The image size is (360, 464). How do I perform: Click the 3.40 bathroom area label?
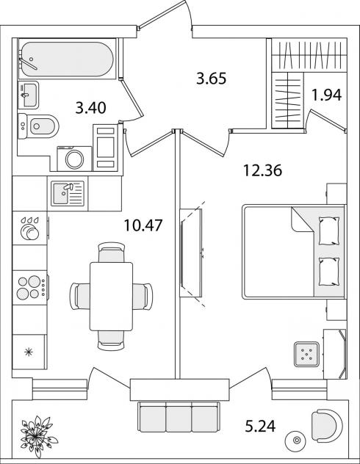click(90, 108)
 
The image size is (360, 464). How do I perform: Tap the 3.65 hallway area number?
click(212, 79)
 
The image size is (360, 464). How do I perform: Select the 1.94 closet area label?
click(327, 95)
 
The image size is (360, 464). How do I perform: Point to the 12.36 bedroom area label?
click(262, 170)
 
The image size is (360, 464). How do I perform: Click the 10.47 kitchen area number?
click(143, 225)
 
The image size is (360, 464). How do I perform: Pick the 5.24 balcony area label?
click(261, 427)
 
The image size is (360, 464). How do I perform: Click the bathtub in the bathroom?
click(67, 59)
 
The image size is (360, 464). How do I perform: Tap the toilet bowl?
click(38, 126)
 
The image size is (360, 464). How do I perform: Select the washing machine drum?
click(75, 159)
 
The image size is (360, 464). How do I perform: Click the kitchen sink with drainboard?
click(68, 193)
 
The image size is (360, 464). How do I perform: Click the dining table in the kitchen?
click(112, 296)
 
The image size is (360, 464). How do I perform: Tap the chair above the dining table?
click(112, 252)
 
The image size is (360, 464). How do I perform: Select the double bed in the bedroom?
click(293, 252)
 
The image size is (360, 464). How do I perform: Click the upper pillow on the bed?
click(329, 231)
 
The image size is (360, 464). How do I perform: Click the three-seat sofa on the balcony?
click(179, 417)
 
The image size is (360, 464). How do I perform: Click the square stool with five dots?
click(306, 354)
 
